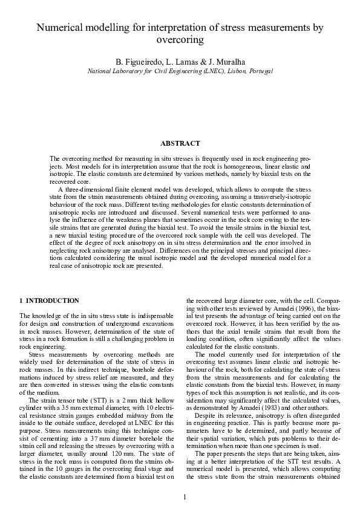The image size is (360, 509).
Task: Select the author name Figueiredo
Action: tap(140, 62)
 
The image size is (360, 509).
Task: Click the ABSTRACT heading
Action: tap(180, 143)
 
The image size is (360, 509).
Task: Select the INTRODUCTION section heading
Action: tap(53, 300)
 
